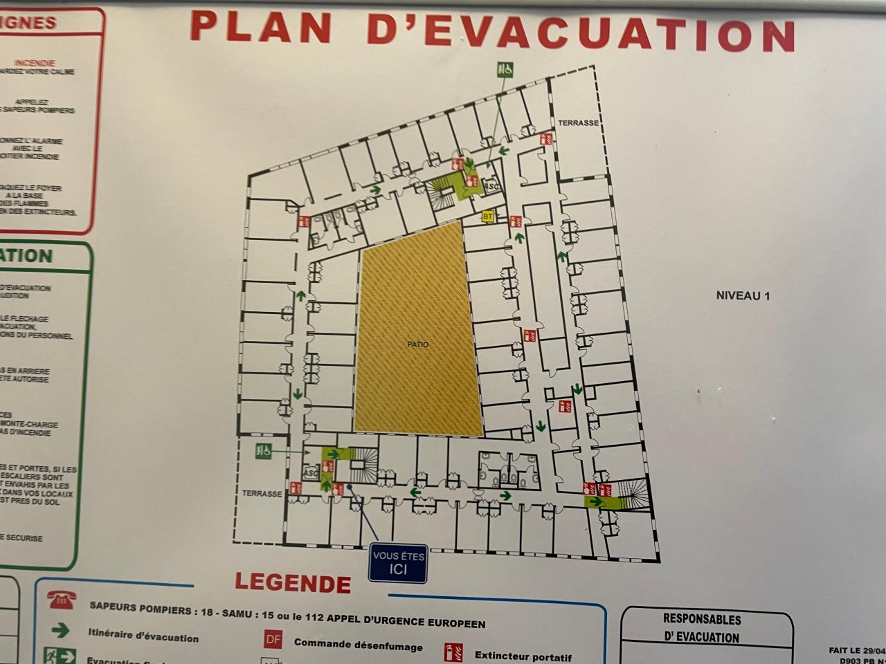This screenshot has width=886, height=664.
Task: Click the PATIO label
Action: coord(417,344)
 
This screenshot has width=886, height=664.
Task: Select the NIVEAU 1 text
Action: coord(743,295)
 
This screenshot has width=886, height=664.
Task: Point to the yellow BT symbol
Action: coord(489,216)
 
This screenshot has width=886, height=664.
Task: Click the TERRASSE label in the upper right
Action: coord(578,122)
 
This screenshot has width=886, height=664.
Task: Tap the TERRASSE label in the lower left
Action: coord(262,494)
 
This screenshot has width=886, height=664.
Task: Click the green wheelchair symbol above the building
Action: coord(505,69)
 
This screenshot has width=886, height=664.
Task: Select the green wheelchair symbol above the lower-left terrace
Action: coord(263,450)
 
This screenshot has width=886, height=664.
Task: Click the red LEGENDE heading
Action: coord(293,583)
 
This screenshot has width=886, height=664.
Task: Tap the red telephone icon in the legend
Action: coord(62,600)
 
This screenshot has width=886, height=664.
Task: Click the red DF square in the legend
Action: coord(273,639)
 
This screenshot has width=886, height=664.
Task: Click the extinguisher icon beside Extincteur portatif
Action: coord(453,652)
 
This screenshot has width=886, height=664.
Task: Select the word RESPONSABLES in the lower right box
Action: coord(702,619)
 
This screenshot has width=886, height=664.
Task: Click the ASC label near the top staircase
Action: coord(492,186)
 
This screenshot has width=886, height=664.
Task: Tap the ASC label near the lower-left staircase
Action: coord(311,473)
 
